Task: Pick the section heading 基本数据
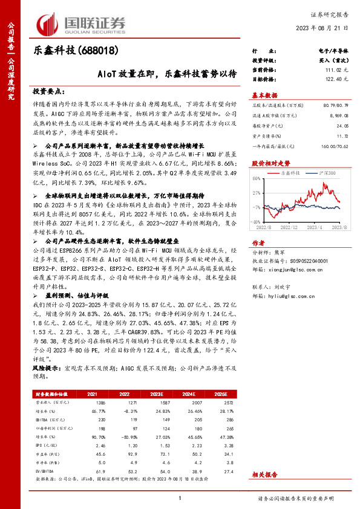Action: pos(264,96)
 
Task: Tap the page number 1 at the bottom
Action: pos(180,497)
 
